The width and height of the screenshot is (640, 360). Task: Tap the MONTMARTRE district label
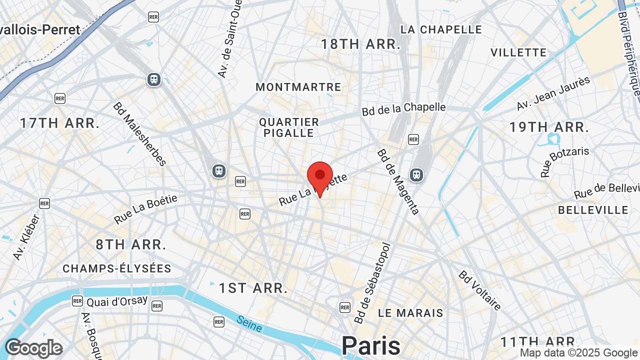298,87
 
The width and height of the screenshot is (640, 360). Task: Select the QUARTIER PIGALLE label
289,127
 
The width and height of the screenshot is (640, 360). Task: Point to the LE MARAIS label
410,313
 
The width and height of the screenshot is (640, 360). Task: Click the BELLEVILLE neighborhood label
593,210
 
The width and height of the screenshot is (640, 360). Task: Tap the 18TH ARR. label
360,44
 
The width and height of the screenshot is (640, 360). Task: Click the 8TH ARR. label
131,244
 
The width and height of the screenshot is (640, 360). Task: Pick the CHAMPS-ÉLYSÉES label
117,268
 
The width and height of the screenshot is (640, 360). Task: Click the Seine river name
249,323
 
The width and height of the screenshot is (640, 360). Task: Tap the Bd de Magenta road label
398,181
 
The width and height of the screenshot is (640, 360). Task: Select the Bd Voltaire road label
480,290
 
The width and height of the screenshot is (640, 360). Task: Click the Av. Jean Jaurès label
553,93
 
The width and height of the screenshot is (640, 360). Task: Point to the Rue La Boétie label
145,209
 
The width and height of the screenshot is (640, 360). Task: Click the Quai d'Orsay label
117,301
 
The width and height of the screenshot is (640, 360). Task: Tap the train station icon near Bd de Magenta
416,174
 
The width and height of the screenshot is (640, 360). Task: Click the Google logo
33,348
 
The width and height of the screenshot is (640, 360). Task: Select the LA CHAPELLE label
441,29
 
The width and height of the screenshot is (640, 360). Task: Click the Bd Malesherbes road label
139,133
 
